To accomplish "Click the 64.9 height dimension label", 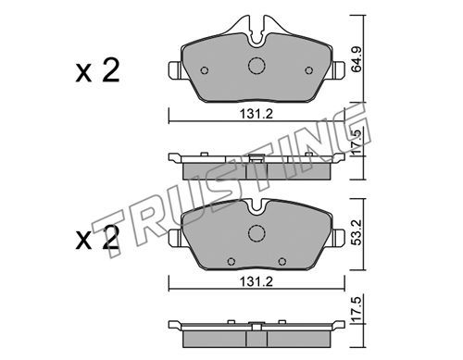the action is (357, 59).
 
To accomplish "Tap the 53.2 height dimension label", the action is (357, 232).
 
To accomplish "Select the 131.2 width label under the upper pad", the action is (257, 115).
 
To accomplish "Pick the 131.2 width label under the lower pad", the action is (257, 281).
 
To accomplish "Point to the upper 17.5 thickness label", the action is (357, 143).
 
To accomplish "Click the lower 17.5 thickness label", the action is (357, 309).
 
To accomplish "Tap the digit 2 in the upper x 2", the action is (111, 71).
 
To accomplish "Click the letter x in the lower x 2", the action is (83, 241).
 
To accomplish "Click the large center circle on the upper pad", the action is (257, 66).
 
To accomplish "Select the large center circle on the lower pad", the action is (257, 233).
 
